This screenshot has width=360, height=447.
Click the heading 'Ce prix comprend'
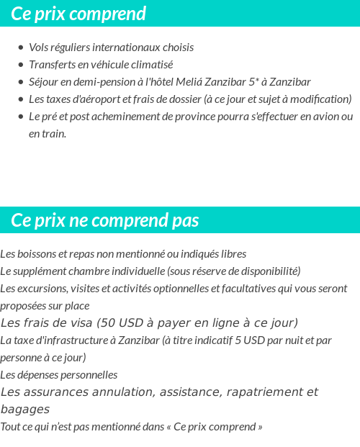[78, 14]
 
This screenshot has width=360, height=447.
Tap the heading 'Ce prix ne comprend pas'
[105, 220]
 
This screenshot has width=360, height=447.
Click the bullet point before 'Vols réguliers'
[21, 48]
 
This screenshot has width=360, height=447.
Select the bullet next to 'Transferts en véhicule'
[21, 65]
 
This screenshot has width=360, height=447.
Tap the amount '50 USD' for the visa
[117, 322]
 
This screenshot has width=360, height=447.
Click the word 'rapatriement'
[260, 392]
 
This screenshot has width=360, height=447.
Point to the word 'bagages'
[21, 409]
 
